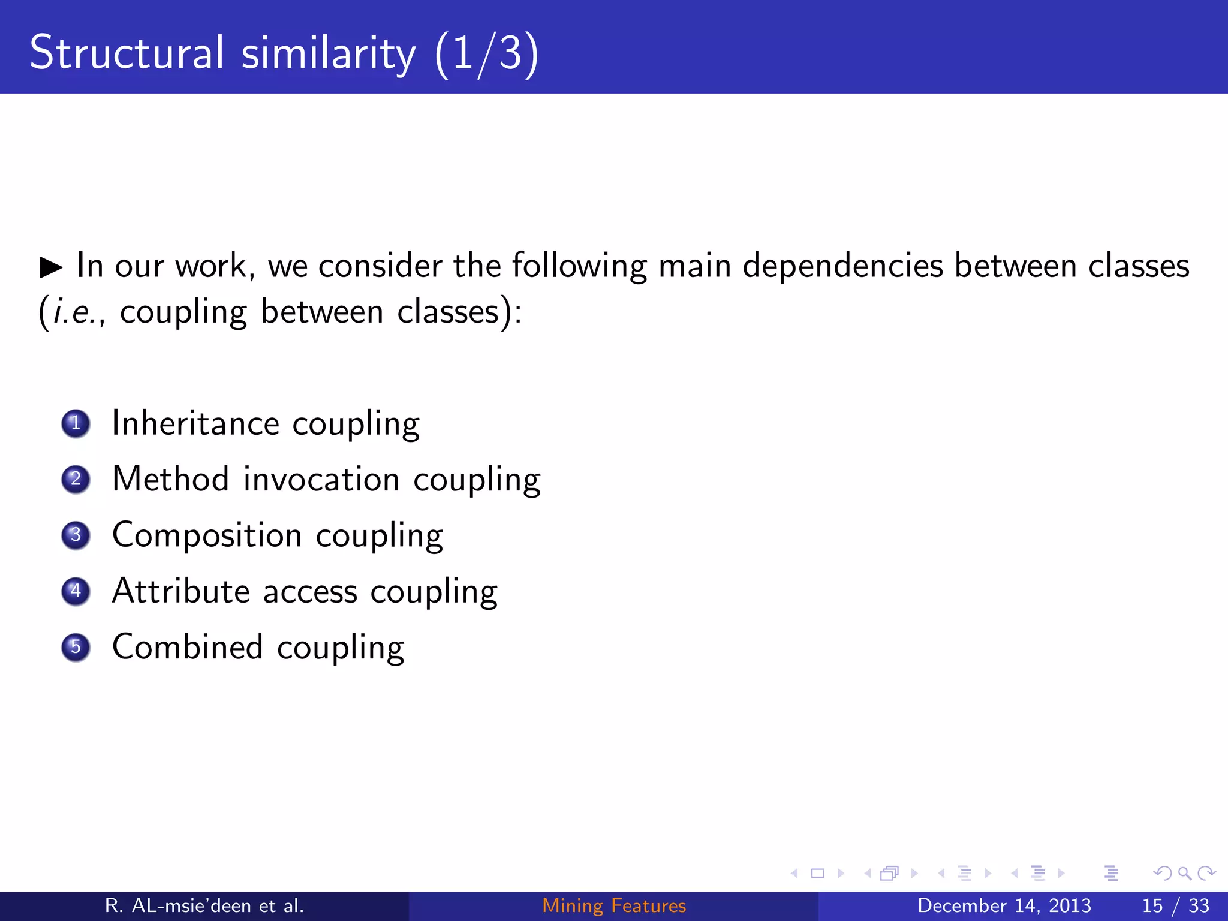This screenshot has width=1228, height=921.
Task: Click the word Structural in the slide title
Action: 127,53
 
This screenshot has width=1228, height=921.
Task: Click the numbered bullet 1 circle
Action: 76,423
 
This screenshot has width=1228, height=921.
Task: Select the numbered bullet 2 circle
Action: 76,479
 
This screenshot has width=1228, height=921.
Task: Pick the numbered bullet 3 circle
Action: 76,535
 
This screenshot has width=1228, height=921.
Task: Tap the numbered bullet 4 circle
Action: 76,591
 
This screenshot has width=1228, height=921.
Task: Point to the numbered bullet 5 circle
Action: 76,647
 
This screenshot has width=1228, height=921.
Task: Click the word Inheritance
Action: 195,423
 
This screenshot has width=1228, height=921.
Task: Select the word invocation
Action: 321,480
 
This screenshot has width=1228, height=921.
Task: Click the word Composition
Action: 207,535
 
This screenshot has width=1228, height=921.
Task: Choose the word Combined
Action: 188,647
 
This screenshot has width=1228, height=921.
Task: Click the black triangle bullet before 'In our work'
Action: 51,267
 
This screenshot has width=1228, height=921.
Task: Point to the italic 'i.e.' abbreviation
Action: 74,312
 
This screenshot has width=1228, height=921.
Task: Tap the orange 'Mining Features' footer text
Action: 614,905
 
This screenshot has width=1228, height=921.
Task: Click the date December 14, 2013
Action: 1004,905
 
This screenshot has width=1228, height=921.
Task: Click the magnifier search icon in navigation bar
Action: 1184,873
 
